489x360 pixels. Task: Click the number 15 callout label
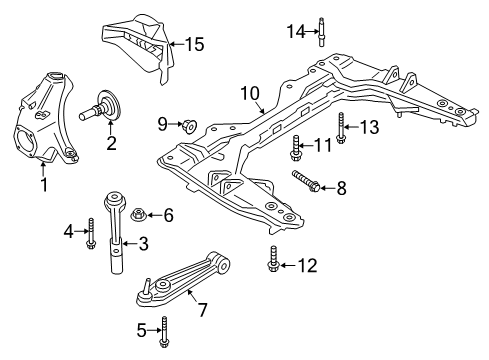tap(194, 43)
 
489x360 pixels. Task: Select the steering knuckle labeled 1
tap(46, 111)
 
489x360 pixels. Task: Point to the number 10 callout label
tap(249, 95)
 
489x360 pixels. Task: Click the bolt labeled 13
tap(341, 129)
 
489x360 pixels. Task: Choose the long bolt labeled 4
tap(90, 232)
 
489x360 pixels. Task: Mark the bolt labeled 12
tap(270, 263)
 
